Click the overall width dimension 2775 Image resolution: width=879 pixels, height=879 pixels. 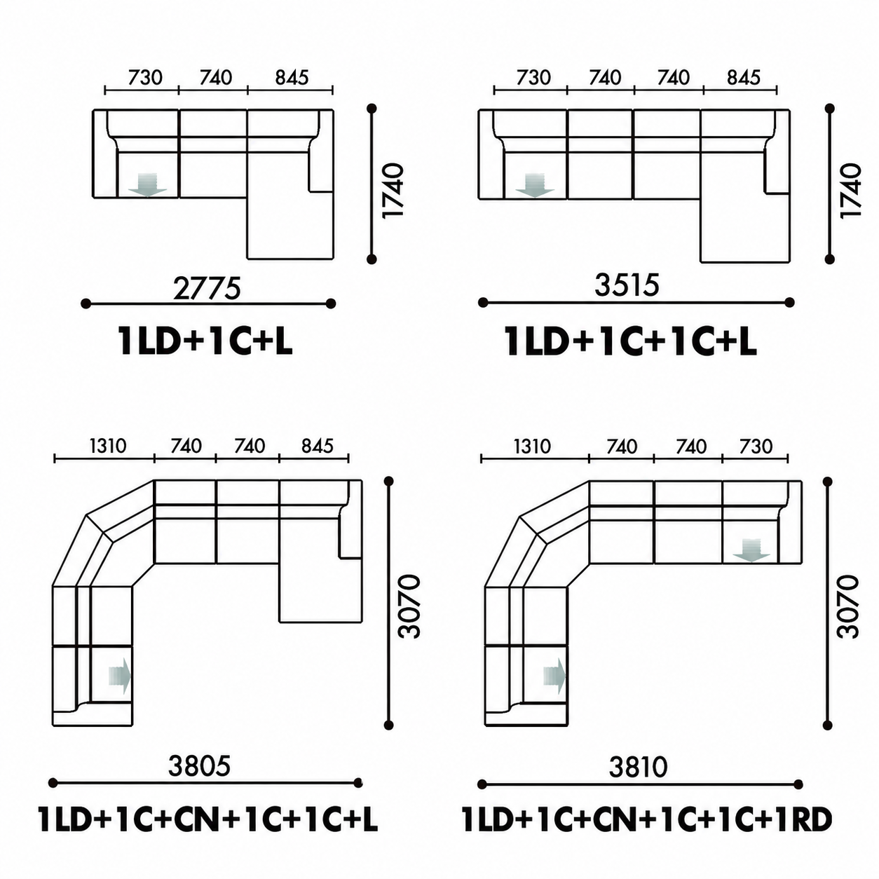pyautogui.click(x=207, y=289)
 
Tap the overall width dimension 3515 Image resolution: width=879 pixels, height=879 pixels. pyautogui.click(x=627, y=285)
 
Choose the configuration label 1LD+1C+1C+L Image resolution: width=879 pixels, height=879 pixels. pyautogui.click(x=630, y=341)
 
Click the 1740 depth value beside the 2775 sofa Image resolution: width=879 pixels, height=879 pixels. pyautogui.click(x=393, y=191)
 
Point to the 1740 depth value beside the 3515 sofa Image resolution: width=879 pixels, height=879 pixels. pyautogui.click(x=850, y=191)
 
